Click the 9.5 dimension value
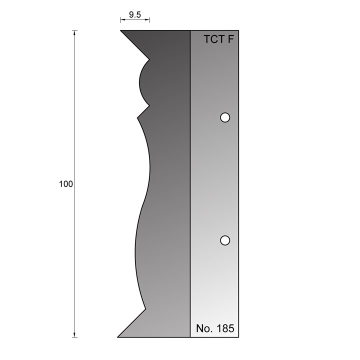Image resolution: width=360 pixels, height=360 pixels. pos(134,14)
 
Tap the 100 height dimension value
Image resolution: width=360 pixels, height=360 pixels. pos(65,184)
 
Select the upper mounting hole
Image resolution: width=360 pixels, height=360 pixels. pos(225,117)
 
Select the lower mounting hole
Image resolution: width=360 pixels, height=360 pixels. pos(225,240)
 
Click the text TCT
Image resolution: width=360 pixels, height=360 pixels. pos(213,40)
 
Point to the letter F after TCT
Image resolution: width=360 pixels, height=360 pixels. pos(230,40)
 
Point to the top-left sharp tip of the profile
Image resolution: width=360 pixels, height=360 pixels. pos(121,31)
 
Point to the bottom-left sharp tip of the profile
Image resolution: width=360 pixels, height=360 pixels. pos(118,336)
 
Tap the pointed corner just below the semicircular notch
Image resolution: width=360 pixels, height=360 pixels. pos(137,118)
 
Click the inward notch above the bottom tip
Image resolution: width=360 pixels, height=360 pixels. pos(145,309)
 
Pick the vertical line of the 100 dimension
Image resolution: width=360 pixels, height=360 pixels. pos(75,125)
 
